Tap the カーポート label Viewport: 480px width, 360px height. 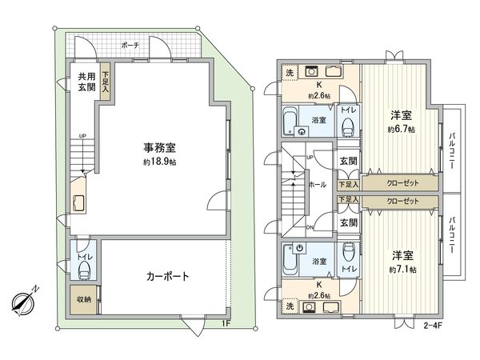167,277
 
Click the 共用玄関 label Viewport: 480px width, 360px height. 86,82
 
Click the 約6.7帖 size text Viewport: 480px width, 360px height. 400,130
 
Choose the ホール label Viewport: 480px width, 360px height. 316,184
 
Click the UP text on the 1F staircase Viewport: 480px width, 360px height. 81,136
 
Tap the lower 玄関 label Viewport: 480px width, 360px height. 347,222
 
